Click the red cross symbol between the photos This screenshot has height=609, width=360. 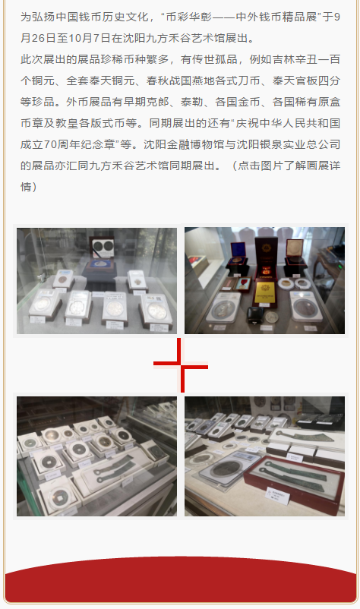coord(180,364)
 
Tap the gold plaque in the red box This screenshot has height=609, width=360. coord(265,291)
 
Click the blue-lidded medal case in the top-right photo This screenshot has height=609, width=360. coord(237,254)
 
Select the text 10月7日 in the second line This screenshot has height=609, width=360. coord(86,38)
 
